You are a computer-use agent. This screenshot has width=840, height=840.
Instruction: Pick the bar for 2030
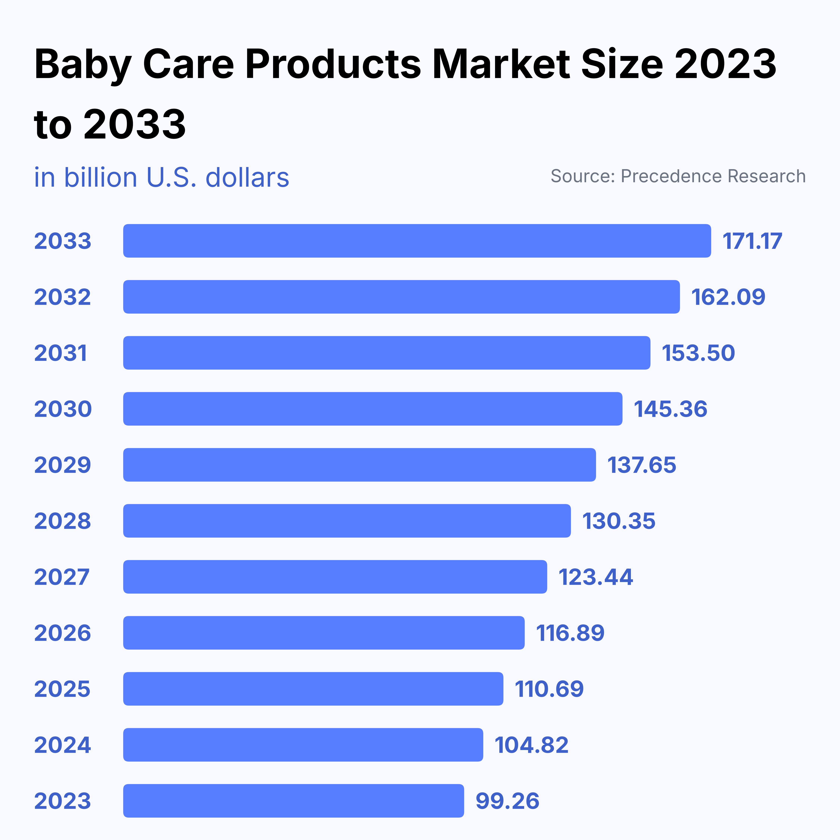pyautogui.click(x=373, y=409)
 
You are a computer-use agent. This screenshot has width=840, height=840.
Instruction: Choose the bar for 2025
pyautogui.click(x=313, y=689)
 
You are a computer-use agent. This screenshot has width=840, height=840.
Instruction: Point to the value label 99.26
pyautogui.click(x=507, y=801)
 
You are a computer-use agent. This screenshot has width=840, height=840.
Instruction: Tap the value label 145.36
pyautogui.click(x=671, y=409)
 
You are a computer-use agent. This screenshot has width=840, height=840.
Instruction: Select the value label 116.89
pyautogui.click(x=570, y=633)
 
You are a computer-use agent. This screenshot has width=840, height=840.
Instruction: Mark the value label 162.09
pyautogui.click(x=728, y=297)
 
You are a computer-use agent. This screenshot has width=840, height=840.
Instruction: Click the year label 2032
pyautogui.click(x=63, y=297)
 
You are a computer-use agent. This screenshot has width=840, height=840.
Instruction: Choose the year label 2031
pyautogui.click(x=61, y=353)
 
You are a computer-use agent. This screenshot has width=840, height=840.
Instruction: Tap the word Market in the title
pyautogui.click(x=501, y=64)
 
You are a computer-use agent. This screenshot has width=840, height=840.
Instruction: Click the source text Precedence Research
pyautogui.click(x=713, y=176)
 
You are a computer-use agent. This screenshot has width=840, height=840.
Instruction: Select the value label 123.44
pyautogui.click(x=596, y=577)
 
